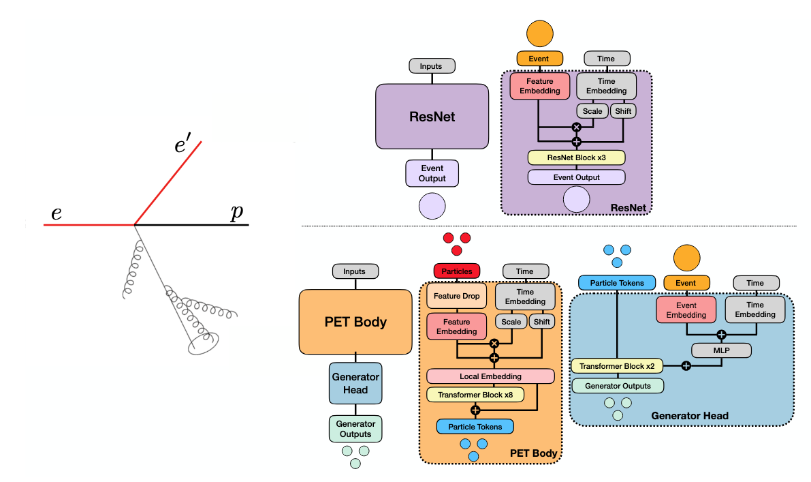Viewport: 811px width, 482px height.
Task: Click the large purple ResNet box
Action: (x=432, y=117)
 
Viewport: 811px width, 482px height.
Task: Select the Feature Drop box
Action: (x=457, y=297)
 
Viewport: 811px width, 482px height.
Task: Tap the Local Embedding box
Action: (x=490, y=376)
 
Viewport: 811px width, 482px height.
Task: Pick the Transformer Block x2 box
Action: (x=617, y=366)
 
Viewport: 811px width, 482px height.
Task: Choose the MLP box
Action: (x=721, y=350)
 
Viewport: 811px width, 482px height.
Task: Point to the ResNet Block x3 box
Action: (x=576, y=157)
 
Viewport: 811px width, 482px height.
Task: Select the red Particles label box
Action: (x=457, y=271)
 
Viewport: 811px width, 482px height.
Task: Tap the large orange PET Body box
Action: (x=355, y=322)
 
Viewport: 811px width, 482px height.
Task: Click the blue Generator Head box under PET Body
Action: (x=355, y=383)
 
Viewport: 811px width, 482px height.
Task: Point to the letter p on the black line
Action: (x=236, y=213)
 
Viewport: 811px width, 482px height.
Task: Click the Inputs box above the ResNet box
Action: (x=431, y=66)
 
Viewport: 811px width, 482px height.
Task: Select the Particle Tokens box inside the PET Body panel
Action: (x=475, y=427)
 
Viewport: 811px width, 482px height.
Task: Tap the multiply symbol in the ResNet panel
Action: (x=577, y=127)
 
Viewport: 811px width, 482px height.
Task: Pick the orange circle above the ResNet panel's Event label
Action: (x=539, y=31)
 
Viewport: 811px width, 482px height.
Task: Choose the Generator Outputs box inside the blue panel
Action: (x=617, y=386)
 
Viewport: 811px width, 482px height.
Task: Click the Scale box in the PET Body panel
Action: (x=511, y=322)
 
